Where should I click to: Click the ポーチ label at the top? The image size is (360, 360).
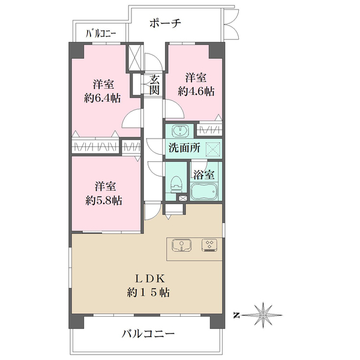pyautogui.click(x=166, y=23)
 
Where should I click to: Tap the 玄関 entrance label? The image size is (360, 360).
pyautogui.click(x=154, y=85)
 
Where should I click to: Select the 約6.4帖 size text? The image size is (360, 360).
pyautogui.click(x=103, y=98)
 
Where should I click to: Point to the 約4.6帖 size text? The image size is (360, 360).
pyautogui.click(x=196, y=91)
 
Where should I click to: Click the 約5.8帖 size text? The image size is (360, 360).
pyautogui.click(x=104, y=201)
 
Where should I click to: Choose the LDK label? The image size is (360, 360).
pyautogui.click(x=149, y=279)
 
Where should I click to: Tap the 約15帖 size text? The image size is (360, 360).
pyautogui.click(x=148, y=293)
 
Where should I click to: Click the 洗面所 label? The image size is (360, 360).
pyautogui.click(x=184, y=148)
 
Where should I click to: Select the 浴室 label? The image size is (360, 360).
pyautogui.click(x=204, y=175)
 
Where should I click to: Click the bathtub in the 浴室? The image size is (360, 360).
pyautogui.click(x=204, y=192)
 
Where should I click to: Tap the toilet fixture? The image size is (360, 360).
pyautogui.click(x=176, y=184)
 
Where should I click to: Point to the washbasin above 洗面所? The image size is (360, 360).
pyautogui.click(x=180, y=131)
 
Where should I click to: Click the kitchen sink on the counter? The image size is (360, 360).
pyautogui.click(x=181, y=245)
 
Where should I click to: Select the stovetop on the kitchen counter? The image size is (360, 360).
pyautogui.click(x=209, y=245)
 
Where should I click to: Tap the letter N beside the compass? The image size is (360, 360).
pyautogui.click(x=235, y=315)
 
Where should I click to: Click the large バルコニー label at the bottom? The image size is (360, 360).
pyautogui.click(x=148, y=334)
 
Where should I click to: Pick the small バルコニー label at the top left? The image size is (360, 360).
pyautogui.click(x=101, y=34)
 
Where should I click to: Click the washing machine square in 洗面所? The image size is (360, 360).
pyautogui.click(x=212, y=149)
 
